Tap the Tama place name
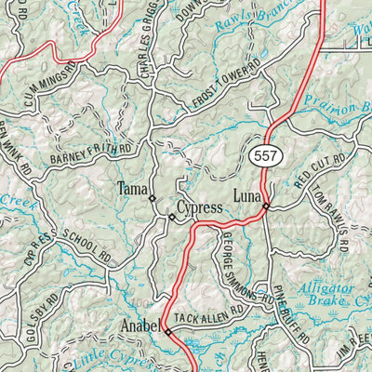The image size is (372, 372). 130,190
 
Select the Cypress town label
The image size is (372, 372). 200,207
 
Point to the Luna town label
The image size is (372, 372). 246,196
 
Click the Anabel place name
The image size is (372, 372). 141,326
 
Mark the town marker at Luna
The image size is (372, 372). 266,206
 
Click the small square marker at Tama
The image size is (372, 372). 152,197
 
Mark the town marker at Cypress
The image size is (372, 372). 171,218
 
